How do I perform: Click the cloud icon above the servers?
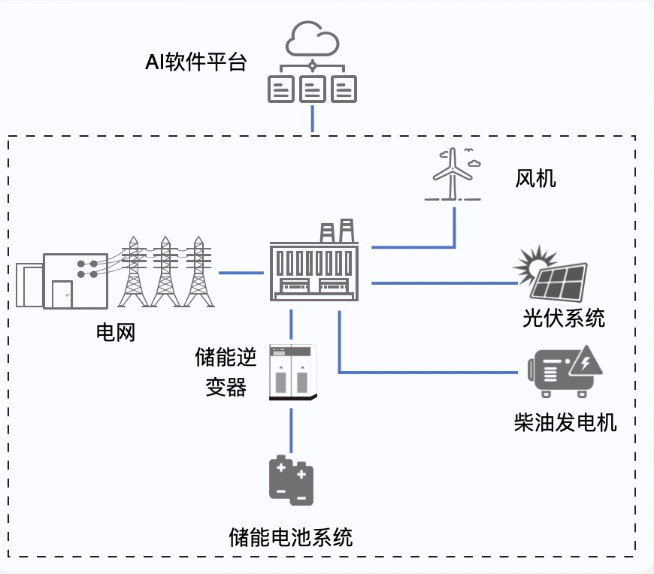point(312,40)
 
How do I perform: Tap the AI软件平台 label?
point(195,62)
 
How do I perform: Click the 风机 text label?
point(536,178)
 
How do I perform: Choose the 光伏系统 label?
point(564,319)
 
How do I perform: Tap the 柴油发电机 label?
point(565,422)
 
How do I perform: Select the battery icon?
point(292,480)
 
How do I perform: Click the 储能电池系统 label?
point(291,537)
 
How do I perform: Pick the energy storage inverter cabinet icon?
point(293,370)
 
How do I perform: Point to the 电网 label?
point(116,332)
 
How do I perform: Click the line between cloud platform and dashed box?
point(312,119)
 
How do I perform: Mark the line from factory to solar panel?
point(444,283)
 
